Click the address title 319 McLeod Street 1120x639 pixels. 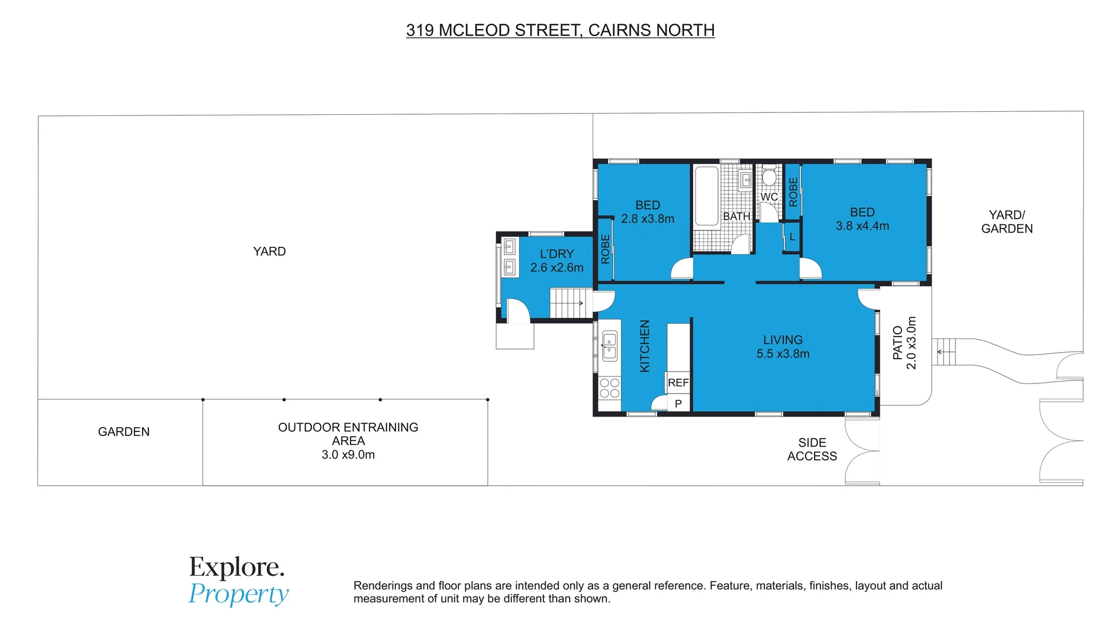560,30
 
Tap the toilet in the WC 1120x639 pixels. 769,176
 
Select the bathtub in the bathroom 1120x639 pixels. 706,196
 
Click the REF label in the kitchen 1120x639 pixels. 678,383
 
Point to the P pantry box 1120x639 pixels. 678,404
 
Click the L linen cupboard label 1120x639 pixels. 792,237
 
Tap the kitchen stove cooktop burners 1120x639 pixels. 609,388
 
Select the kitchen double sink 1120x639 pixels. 609,346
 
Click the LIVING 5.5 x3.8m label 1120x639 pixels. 783,347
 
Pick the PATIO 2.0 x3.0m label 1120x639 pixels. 904,343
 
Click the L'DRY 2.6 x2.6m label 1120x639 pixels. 556,260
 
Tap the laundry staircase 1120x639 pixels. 571,303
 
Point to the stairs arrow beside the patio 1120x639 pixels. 946,352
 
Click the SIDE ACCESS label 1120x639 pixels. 812,449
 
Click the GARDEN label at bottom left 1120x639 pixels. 124,432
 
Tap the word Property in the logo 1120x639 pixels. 239,594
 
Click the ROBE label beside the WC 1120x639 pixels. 793,192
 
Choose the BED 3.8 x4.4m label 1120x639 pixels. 862,219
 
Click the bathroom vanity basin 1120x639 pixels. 746,180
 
